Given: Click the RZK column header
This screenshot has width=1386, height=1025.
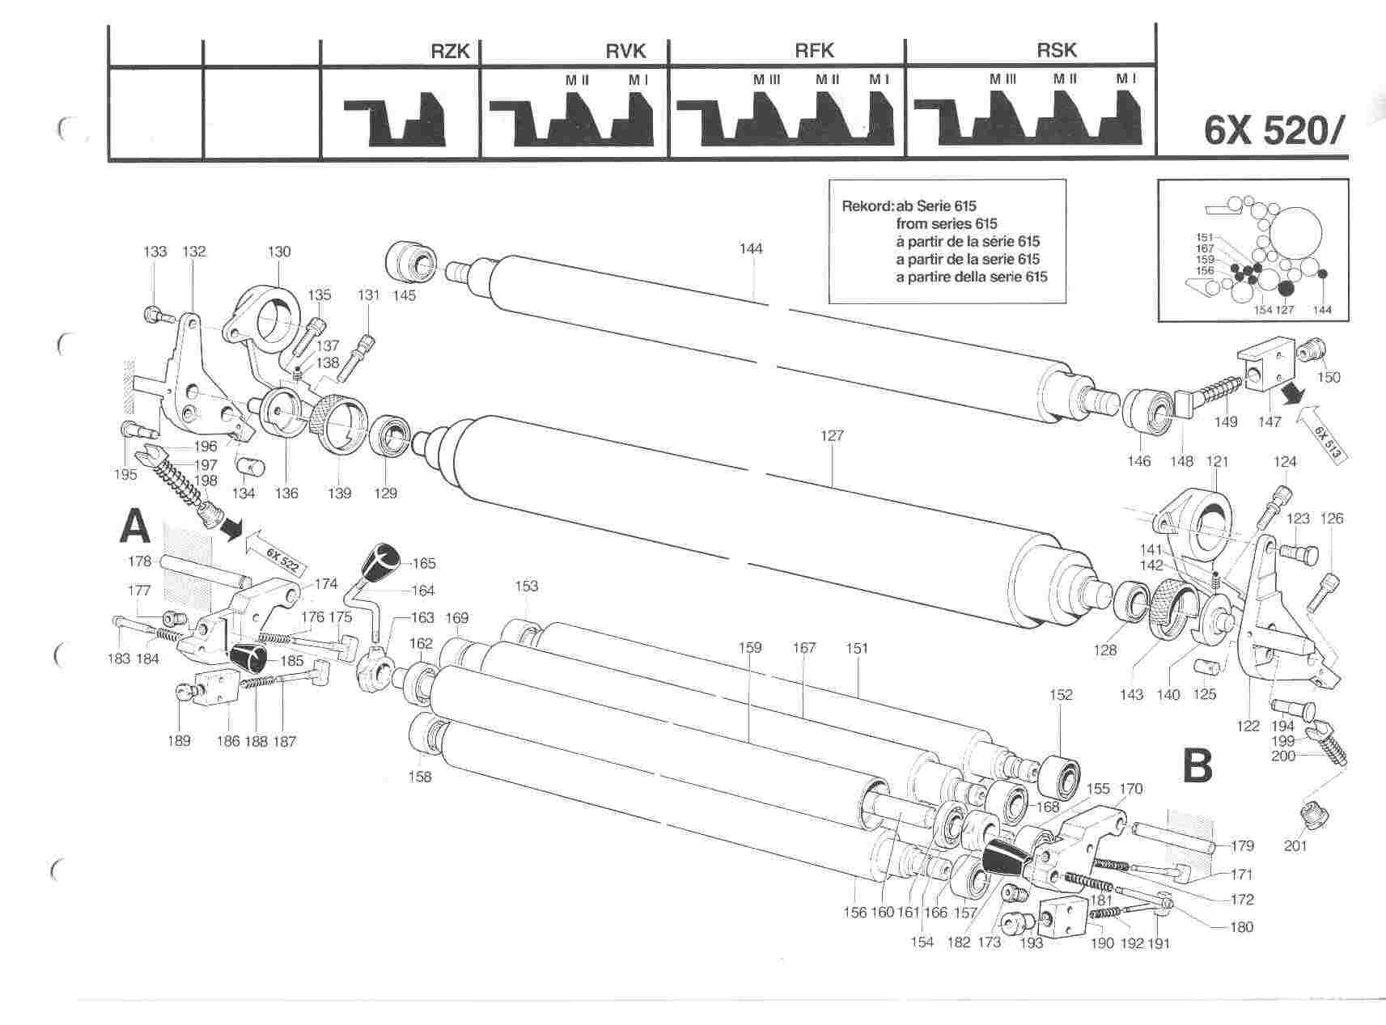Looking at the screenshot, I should click(x=450, y=51).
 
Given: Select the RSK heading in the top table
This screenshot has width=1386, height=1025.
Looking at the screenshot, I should click(x=1057, y=50).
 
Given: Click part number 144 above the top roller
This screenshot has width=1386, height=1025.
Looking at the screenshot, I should click(x=751, y=248).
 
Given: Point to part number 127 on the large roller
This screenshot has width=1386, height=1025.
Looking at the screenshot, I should click(x=832, y=435).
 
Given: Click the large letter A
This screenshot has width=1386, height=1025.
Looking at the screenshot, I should click(x=135, y=527).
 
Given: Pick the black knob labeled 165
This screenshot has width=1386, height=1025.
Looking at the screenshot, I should click(x=383, y=560).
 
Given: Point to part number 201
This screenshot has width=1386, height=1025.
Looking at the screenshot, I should click(x=1295, y=846).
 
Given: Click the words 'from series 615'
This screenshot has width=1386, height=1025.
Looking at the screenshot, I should click(x=947, y=223).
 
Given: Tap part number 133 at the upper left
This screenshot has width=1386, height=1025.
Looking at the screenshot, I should click(x=155, y=252).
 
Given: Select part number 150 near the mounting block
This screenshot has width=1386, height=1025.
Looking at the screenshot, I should click(x=1329, y=377).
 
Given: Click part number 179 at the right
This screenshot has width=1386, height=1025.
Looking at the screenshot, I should click(x=1242, y=846).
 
